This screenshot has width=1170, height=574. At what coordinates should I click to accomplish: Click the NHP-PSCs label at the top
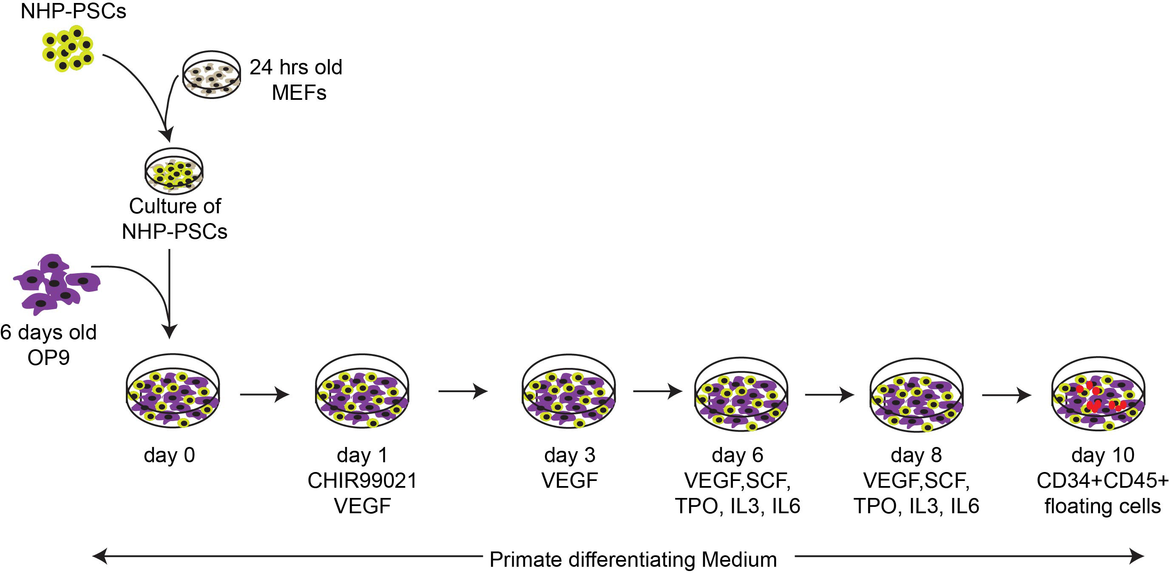coord(74,11)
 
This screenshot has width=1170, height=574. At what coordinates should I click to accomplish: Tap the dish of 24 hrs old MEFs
coord(212,75)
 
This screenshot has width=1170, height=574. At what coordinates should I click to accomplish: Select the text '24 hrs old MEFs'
coord(296,80)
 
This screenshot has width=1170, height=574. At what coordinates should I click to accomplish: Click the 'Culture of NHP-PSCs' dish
coord(174,171)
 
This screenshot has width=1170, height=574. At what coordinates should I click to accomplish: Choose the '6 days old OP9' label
coord(48,345)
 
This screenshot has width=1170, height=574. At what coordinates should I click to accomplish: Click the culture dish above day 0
coord(173,391)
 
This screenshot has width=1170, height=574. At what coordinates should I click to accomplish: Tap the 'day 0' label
coord(169,455)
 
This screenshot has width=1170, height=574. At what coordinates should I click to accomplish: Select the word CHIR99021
coord(363,481)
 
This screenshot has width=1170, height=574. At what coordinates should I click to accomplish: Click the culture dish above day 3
coord(569,391)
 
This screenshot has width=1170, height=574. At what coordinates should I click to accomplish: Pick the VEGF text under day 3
coord(570,481)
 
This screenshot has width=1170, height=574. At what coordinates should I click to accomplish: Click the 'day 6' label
coord(738,455)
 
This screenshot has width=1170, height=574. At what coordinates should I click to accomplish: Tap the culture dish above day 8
coord(916,394)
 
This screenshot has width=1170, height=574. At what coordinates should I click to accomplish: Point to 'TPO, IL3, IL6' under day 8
coord(917,506)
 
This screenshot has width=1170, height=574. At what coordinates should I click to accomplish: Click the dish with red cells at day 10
coord(1098,393)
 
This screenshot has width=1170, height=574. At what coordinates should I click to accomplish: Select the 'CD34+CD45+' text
coord(1102,481)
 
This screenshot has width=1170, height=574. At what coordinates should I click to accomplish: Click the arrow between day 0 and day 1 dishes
coord(265,394)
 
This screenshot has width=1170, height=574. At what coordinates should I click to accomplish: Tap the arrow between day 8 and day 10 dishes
coord(1006,395)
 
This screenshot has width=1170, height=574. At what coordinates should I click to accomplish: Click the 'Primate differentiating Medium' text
coord(633,560)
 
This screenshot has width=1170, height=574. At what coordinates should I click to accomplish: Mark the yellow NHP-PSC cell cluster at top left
coord(68,48)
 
